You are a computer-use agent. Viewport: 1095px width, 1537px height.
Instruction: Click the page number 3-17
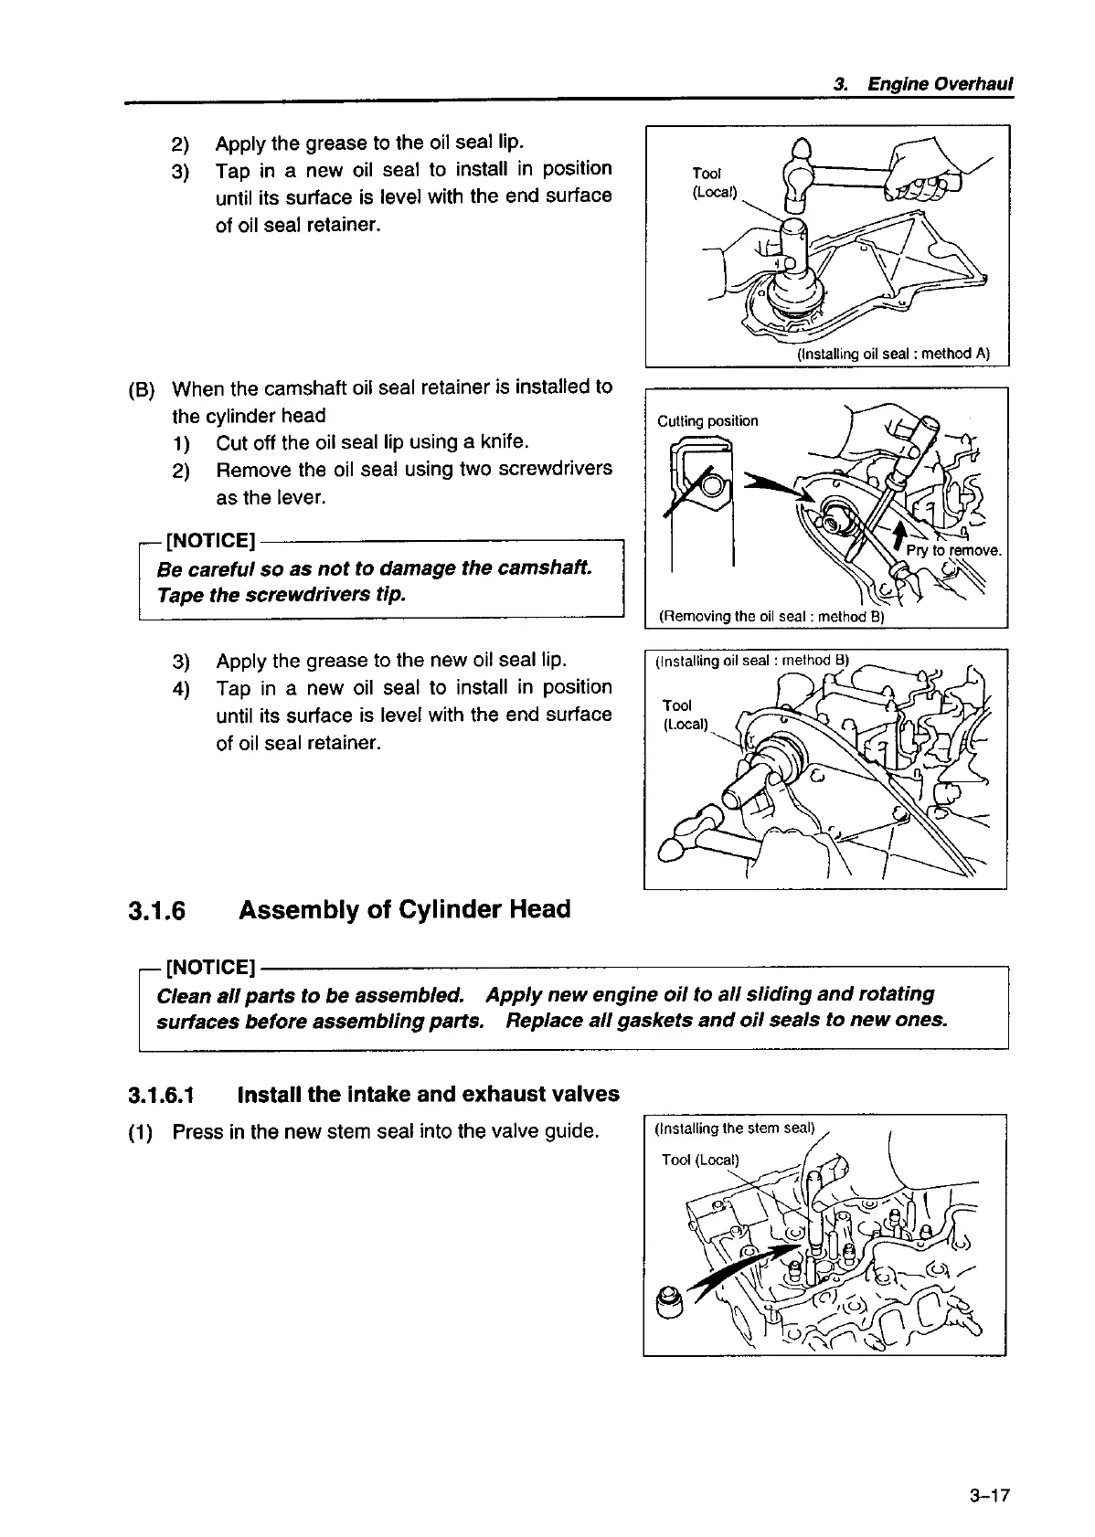tap(990, 1497)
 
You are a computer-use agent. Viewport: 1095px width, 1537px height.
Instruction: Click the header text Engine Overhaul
tap(941, 85)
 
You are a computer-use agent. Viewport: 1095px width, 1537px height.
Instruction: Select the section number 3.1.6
tap(156, 911)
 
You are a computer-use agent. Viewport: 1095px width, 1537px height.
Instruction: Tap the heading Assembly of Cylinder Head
tap(404, 910)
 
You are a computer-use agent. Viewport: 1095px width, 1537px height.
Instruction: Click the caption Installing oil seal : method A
tap(893, 354)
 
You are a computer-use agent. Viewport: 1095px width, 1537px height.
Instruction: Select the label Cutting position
tap(707, 421)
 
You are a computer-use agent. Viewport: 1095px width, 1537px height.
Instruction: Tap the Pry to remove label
tap(954, 551)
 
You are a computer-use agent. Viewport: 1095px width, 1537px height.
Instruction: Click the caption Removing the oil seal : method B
tap(771, 617)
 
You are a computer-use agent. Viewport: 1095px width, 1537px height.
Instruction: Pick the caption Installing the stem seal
tap(734, 1128)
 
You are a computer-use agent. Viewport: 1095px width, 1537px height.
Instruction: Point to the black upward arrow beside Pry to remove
tap(901, 536)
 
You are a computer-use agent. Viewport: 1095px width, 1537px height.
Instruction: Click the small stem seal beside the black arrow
tap(671, 1299)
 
